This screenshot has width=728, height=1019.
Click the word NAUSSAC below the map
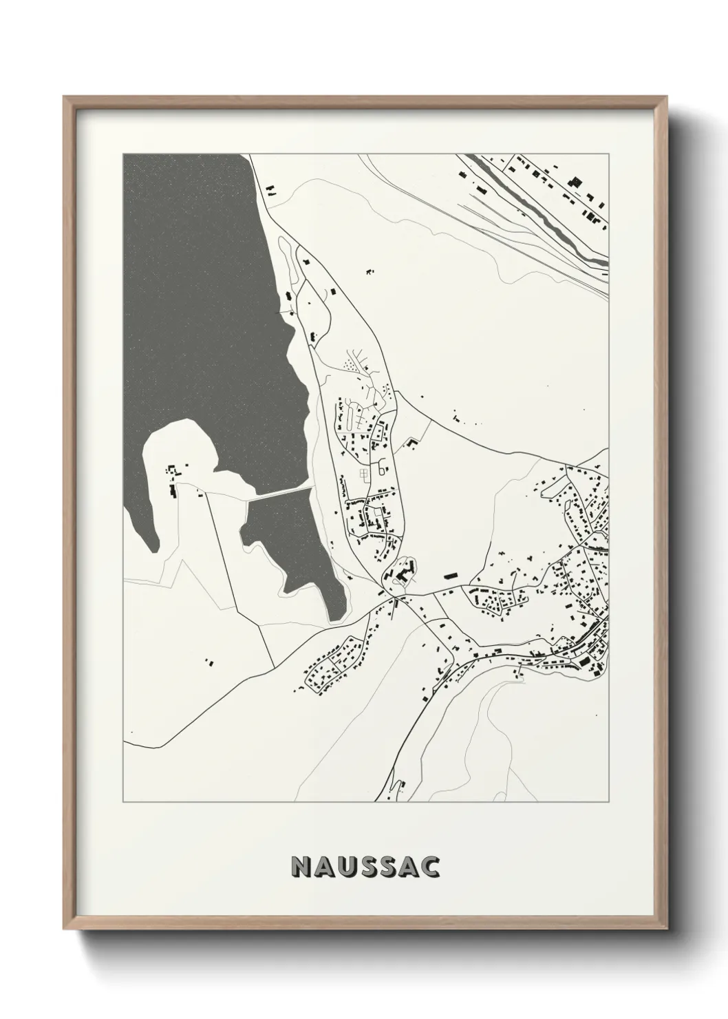(365, 867)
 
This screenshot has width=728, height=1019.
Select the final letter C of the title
(431, 867)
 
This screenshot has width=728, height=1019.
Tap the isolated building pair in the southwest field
(209, 663)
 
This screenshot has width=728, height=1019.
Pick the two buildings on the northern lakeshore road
(270, 187)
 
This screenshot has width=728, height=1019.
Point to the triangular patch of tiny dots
(353, 363)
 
